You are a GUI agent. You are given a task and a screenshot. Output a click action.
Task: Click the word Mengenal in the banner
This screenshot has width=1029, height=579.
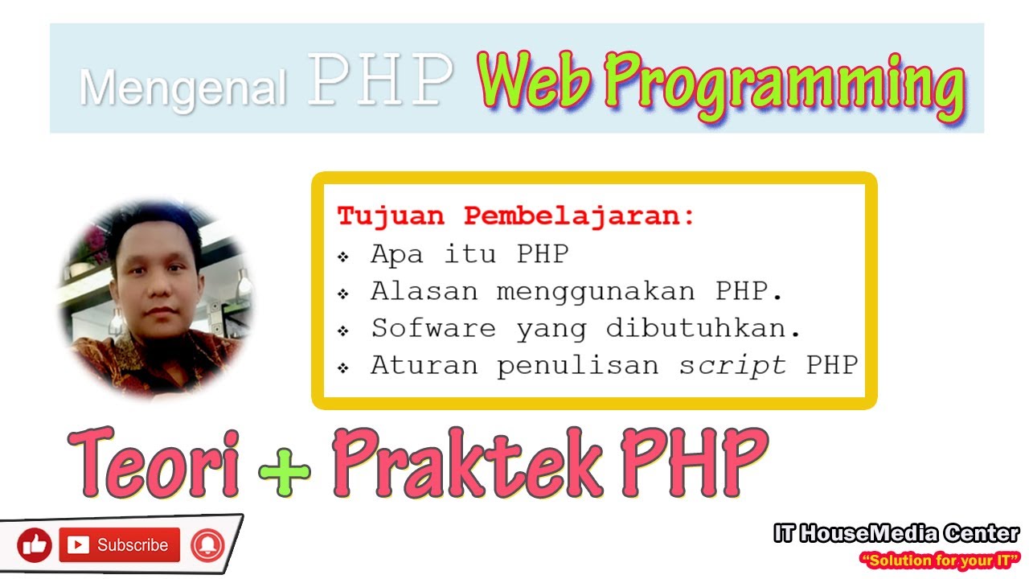182,87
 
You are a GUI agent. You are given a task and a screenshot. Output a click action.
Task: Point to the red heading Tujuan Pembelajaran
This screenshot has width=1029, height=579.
515,216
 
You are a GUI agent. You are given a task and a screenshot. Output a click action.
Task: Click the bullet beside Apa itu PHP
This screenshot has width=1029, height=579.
343,257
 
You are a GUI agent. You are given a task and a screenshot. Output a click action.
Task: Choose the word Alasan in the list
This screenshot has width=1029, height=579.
423,291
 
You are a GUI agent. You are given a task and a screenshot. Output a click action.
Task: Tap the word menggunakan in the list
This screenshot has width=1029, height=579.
595,291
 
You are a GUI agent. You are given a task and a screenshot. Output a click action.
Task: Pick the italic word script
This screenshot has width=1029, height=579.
732,365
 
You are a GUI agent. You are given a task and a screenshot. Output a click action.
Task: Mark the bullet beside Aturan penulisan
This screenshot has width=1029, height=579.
343,368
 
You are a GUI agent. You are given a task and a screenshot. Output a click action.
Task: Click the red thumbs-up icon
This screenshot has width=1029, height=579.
34,545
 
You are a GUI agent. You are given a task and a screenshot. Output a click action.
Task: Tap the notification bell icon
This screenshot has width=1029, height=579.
207,545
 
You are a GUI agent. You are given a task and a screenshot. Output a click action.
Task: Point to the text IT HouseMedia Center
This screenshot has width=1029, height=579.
896,533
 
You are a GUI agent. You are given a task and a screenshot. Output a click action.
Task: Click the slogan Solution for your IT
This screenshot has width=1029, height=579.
939,560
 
